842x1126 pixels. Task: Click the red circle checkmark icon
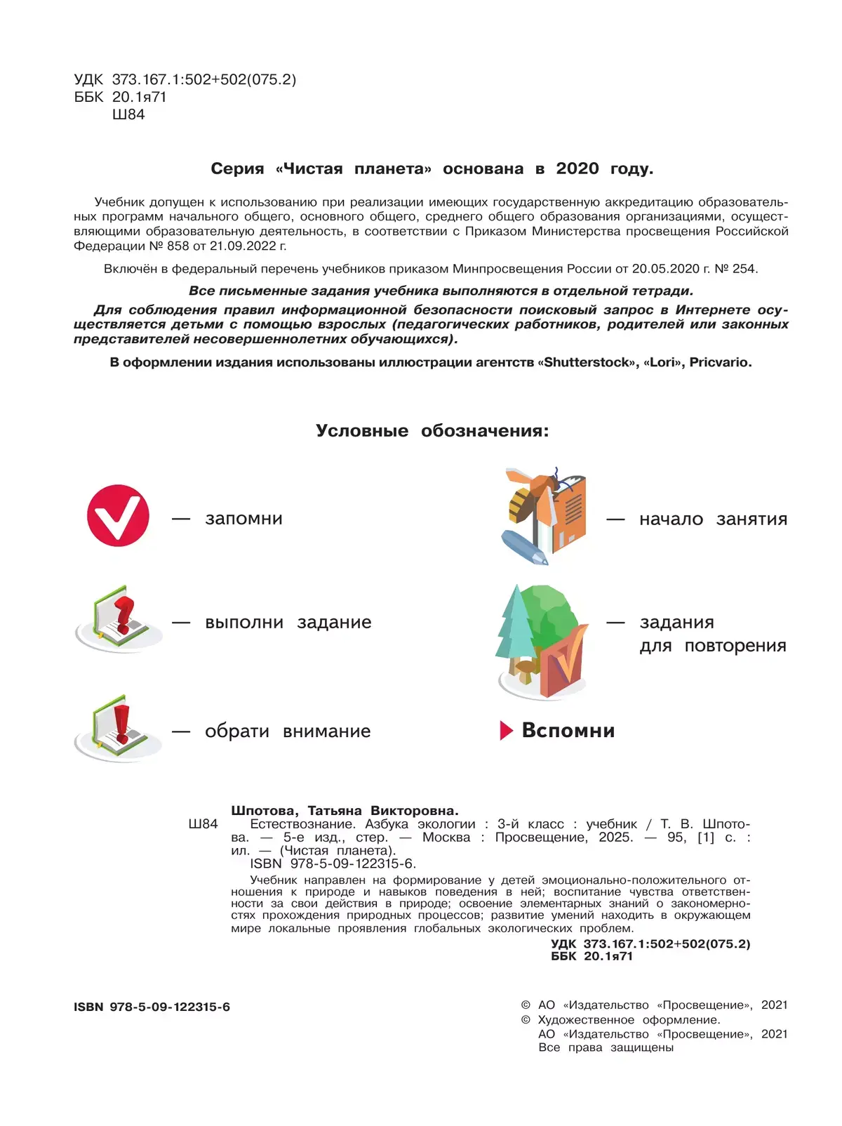pos(118,515)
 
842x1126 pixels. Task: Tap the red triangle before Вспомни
pos(506,731)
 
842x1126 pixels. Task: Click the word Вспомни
pos(568,731)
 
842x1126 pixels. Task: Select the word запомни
pos(243,519)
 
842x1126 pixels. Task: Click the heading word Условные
pos(362,430)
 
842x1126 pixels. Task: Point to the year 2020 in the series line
pos(577,168)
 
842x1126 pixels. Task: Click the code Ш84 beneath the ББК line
pos(128,114)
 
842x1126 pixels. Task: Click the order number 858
pos(178,246)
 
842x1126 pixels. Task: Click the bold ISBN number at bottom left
pos(170,1007)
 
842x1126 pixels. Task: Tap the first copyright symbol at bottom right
pos(526,1005)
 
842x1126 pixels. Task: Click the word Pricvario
pos(720,362)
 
